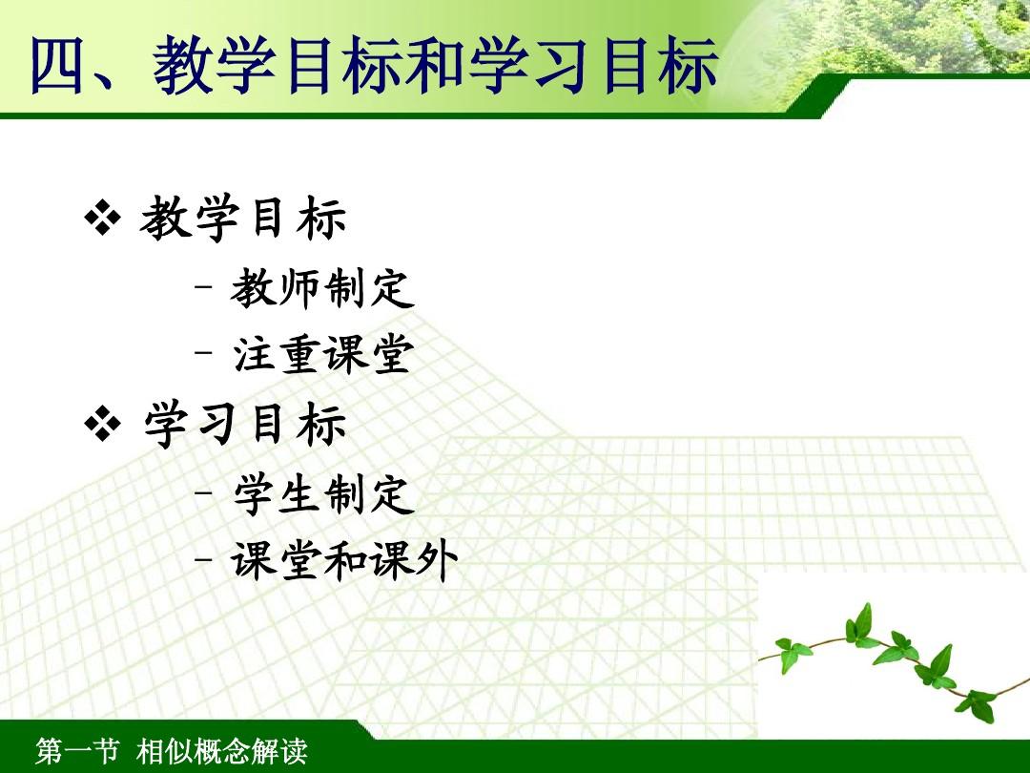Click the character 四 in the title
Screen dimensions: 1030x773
coord(59,65)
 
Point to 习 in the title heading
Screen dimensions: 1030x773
coord(563,65)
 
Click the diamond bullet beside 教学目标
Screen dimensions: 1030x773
coord(103,218)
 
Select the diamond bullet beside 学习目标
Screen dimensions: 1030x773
coord(103,424)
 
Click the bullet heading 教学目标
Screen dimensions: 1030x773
coord(242,219)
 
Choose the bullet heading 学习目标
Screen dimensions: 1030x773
coord(244,425)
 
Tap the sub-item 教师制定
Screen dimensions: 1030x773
coord(322,288)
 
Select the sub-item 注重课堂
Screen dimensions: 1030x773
coord(322,354)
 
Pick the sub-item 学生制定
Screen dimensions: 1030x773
coord(324,494)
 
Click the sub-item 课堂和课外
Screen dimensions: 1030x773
coord(343,561)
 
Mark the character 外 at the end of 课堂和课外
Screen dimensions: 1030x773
coord(436,561)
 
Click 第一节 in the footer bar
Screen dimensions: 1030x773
coord(77,751)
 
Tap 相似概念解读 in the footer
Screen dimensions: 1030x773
coord(221,751)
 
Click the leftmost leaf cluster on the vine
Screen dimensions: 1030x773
coord(793,653)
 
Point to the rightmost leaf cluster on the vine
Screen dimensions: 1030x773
coord(977,705)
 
